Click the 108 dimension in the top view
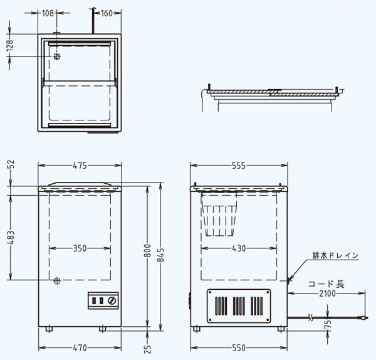tap(48, 13)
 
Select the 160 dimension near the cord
tap(107, 13)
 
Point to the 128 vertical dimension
tap(10, 45)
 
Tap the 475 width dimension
tap(80, 166)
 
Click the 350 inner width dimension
tap(80, 248)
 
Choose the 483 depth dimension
tap(11, 238)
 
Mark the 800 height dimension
tap(148, 251)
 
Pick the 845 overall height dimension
tap(161, 255)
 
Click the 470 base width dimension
tap(80, 347)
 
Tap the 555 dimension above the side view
tap(239, 166)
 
